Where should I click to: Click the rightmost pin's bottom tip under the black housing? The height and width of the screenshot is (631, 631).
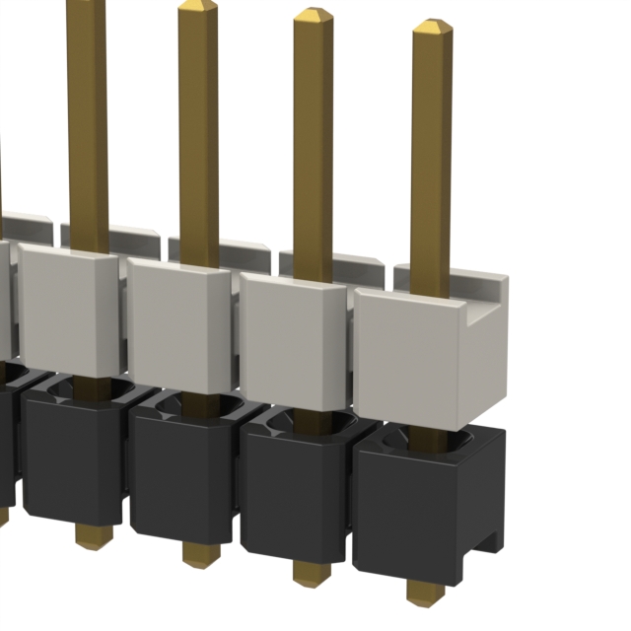coord(425,592)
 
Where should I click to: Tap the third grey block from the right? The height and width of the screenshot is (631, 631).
coord(177,321)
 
